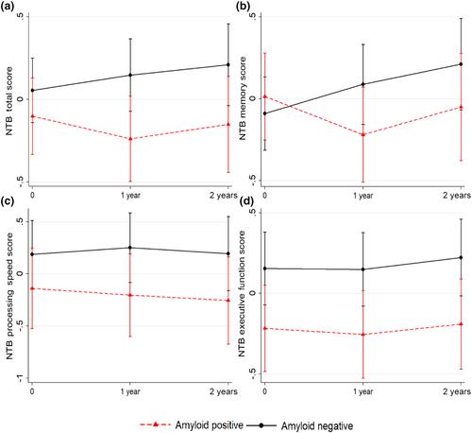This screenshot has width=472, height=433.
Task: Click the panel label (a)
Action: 7,7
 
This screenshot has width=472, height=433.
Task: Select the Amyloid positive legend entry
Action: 192,424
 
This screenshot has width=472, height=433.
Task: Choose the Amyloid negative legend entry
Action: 299,425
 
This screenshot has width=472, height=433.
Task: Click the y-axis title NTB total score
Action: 9,101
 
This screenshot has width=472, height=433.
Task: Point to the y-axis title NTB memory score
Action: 243,98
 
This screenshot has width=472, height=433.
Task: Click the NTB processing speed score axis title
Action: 9,296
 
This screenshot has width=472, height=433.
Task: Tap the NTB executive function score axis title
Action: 242,294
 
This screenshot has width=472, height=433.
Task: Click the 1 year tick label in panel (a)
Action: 130,196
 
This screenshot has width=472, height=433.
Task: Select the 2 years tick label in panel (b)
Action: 457,196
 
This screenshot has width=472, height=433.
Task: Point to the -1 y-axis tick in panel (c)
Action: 21,378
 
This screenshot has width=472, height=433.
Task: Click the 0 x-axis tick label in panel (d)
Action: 265,391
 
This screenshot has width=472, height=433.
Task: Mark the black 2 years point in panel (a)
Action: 228,64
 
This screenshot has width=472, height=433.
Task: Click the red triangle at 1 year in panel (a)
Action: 130,139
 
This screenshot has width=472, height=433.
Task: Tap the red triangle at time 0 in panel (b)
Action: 265,96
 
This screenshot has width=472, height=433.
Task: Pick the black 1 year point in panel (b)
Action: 362,84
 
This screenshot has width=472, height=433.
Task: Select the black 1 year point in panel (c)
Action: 130,248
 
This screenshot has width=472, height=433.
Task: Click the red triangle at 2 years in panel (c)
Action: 228,301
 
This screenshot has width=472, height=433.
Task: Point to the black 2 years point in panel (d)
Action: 461,257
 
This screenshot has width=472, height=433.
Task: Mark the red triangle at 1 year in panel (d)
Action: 362,335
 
